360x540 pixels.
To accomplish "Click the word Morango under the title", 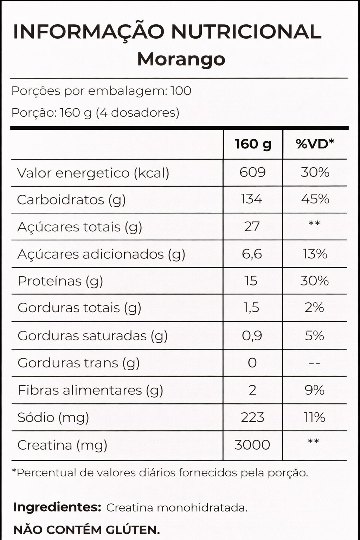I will tap(181, 59).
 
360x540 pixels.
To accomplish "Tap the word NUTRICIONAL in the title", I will tap(246, 32).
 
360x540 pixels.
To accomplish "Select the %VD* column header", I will tap(315, 144).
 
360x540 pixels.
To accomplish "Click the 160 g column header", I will tap(253, 144).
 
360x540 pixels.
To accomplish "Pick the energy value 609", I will tap(252, 172).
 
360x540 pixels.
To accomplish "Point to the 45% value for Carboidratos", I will tap(315, 199).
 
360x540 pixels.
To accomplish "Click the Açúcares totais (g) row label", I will tap(79, 227).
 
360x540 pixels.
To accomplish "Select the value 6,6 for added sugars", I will tap(252, 254).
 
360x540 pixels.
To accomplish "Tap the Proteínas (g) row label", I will tap(60, 281).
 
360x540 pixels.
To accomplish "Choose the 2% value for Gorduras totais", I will tap(314, 308).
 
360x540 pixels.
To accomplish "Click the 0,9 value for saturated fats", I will tap(252, 335).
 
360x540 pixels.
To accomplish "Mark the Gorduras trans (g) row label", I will tap(78, 363).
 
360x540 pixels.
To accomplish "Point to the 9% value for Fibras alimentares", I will tap(314, 390).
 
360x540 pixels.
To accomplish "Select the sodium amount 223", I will tap(252, 417).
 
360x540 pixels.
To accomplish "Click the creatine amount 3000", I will tap(252, 445).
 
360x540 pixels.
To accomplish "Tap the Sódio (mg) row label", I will tap(53, 417).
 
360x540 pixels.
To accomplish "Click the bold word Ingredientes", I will tap(57, 507).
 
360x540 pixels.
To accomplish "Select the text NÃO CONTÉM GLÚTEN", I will tap(86, 529).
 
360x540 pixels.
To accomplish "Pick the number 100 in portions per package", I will tap(181, 91).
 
